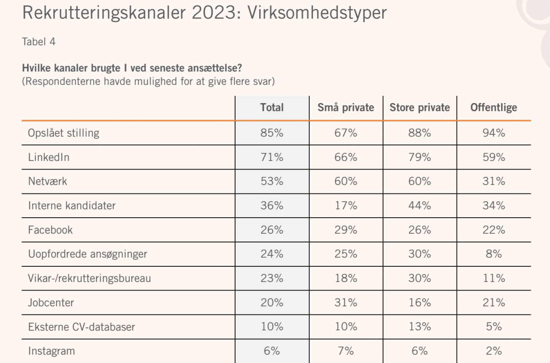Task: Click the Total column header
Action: coord(272,108)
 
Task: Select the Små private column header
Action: coord(346,108)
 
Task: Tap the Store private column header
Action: coord(420,108)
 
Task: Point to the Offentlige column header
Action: coord(494,108)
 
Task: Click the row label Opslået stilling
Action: coord(64,133)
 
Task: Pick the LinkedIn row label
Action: coord(49,157)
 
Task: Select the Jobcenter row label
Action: coord(51,302)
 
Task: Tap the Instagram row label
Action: coord(51,351)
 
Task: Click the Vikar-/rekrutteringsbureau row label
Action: coord(89,278)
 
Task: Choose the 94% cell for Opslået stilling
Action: coord(494,133)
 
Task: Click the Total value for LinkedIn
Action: coord(272,157)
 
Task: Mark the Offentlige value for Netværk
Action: coord(494,181)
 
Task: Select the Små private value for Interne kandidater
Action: coord(346,205)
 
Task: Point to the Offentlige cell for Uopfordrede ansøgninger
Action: coord(494,254)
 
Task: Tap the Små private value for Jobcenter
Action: coord(346,302)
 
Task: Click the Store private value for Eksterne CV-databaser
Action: coord(420,327)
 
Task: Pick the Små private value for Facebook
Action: coord(346,230)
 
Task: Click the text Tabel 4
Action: coord(39,42)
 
